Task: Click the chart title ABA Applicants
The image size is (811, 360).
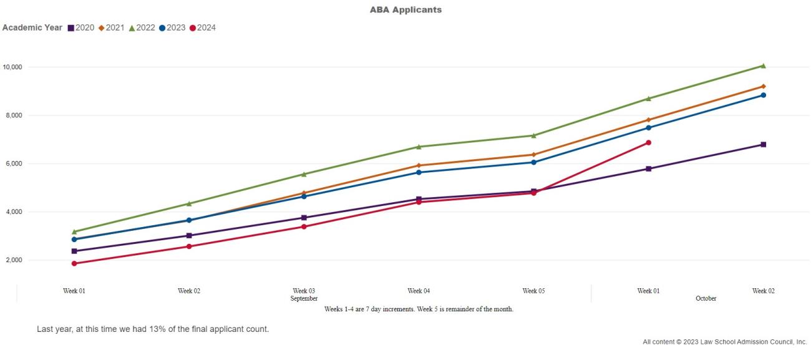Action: point(405,10)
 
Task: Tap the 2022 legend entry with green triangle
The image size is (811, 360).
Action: point(143,27)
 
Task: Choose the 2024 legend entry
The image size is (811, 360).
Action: point(203,27)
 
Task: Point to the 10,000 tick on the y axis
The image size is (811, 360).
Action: point(12,67)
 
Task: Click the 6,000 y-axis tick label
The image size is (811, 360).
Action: point(14,163)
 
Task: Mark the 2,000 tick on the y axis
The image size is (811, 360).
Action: point(14,260)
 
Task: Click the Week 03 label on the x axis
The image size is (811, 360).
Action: point(304,291)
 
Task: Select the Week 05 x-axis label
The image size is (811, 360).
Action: point(533,291)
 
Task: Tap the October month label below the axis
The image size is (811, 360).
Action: point(706,299)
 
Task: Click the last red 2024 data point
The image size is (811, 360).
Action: point(648,143)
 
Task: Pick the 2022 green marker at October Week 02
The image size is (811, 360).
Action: point(763,66)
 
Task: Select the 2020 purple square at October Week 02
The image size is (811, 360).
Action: point(763,145)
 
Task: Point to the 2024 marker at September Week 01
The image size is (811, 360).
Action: point(74,263)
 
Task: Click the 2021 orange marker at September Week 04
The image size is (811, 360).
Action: point(419,165)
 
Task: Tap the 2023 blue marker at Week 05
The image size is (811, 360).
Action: point(533,162)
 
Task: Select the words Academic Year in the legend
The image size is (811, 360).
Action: point(32,27)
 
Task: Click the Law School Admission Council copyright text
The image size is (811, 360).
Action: point(724,342)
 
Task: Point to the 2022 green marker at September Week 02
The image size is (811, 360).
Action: point(189,203)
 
